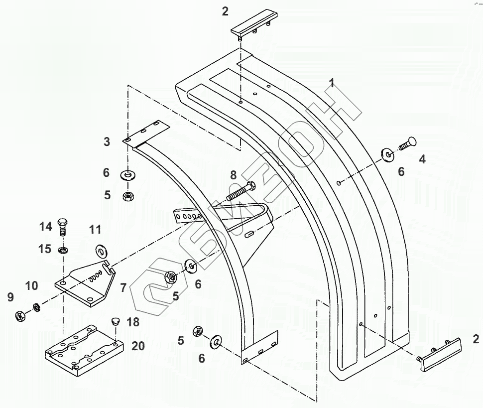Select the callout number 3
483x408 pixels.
pyautogui.click(x=107, y=142)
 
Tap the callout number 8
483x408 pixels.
pyautogui.click(x=233, y=175)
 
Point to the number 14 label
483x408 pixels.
pyautogui.click(x=46, y=227)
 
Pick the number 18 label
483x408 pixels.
pyautogui.click(x=133, y=322)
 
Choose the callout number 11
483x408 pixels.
pyautogui.click(x=95, y=230)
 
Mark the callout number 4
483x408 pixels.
pyautogui.click(x=422, y=159)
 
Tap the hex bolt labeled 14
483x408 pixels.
pyautogui.click(x=63, y=228)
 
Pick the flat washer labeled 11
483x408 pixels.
pyautogui.click(x=102, y=249)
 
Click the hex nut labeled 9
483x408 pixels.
pyautogui.click(x=20, y=315)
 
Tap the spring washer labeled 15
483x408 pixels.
pyautogui.click(x=63, y=249)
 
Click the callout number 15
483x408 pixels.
pyautogui.click(x=46, y=249)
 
